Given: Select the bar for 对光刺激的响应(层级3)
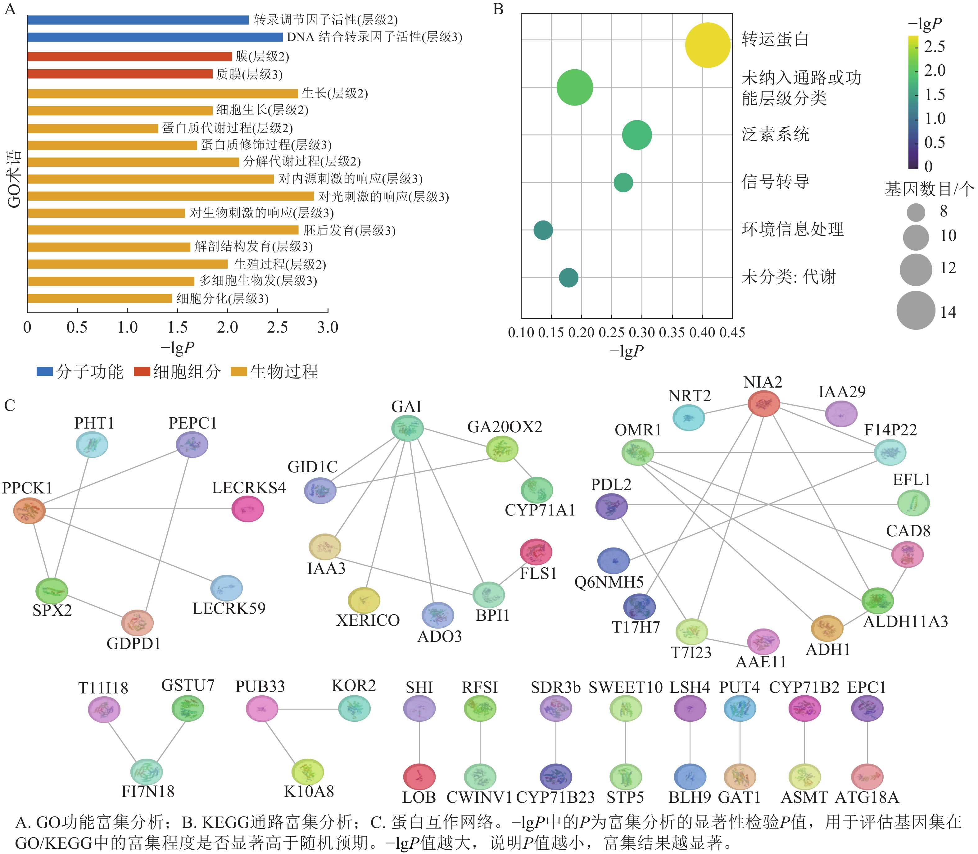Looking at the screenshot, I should (x=170, y=196).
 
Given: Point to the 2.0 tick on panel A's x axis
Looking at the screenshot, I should (x=228, y=327).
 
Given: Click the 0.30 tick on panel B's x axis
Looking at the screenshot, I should (x=642, y=333).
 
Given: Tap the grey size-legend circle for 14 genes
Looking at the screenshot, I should (x=916, y=310).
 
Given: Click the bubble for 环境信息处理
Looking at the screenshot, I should (x=543, y=230).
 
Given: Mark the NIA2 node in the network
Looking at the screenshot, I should (x=764, y=403).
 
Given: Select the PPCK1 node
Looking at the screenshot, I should (x=29, y=511).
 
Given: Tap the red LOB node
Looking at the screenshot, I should (x=419, y=777).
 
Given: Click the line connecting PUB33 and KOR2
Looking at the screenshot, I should (x=308, y=709).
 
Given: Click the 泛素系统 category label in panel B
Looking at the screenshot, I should (x=775, y=134).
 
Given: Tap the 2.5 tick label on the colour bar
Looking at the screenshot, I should (x=935, y=47).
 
